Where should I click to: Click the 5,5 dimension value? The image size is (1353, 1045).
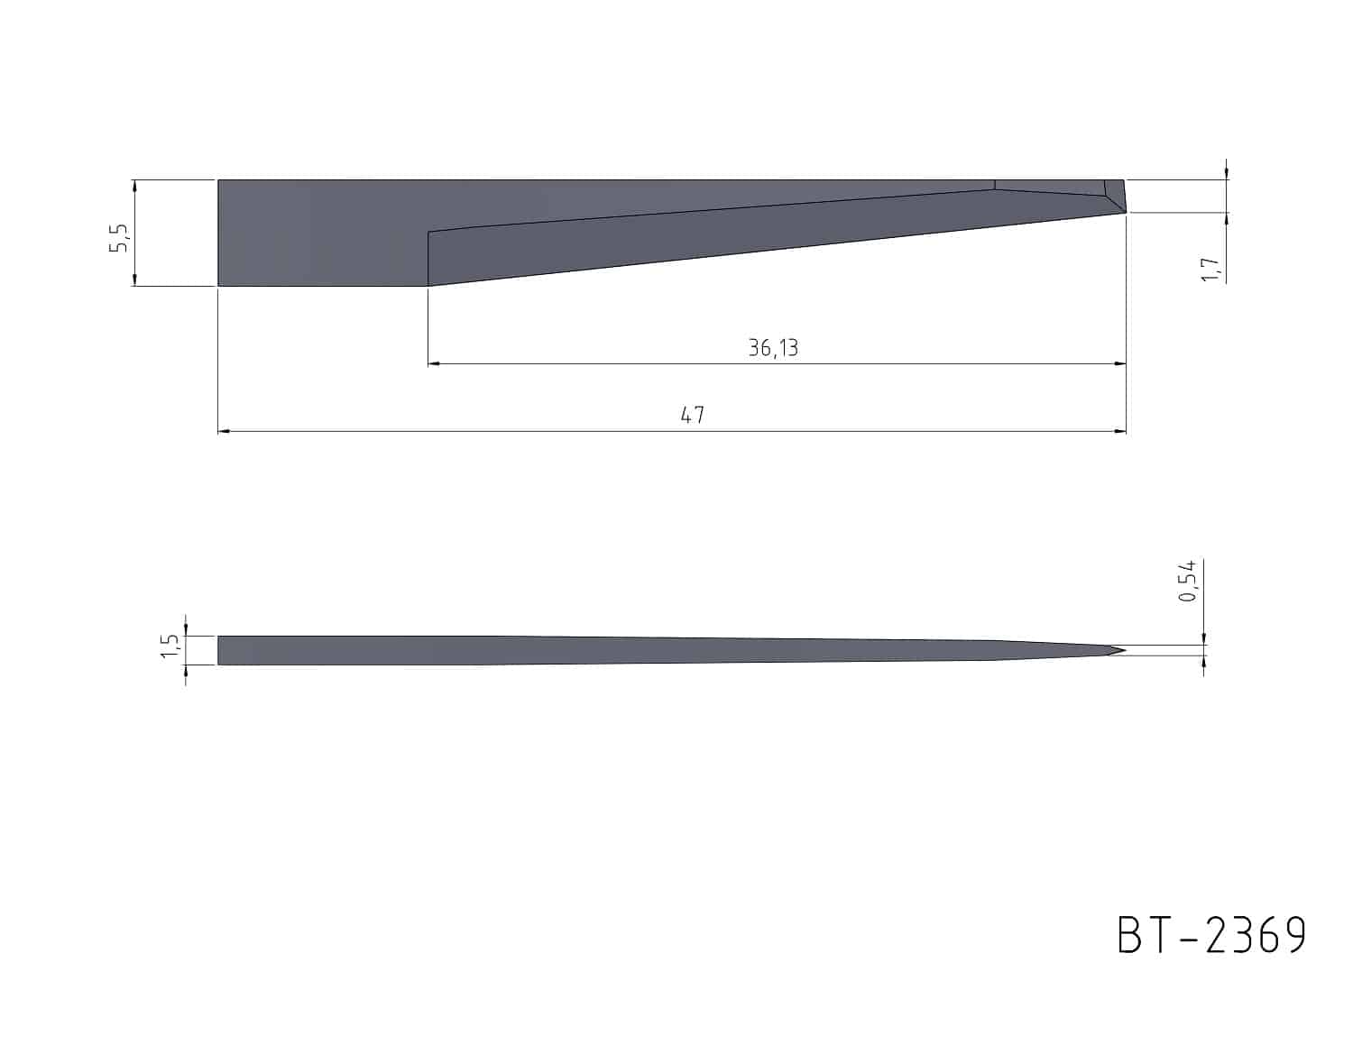119,238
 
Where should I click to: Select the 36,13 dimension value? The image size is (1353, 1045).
773,348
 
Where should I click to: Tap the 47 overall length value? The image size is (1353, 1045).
693,415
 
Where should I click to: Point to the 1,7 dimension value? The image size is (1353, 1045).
1210,269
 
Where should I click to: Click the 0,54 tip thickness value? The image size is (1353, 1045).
1187,581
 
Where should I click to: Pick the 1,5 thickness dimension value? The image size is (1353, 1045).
170,646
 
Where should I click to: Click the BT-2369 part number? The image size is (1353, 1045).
1211,936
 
